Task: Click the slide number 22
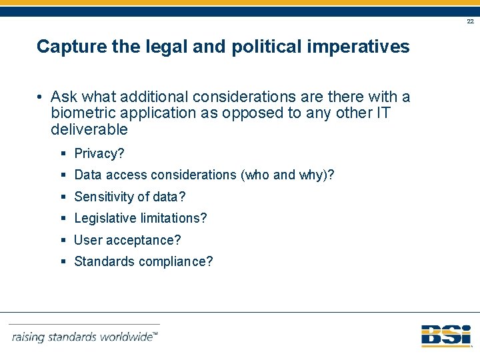(x=470, y=22)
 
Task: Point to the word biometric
(x=83, y=113)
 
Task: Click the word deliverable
(x=89, y=129)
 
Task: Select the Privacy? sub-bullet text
(x=99, y=154)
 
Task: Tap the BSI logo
(x=446, y=335)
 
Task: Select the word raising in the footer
(x=29, y=337)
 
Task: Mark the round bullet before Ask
(x=41, y=97)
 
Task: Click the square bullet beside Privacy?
(x=63, y=154)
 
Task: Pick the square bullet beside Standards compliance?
(x=63, y=262)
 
